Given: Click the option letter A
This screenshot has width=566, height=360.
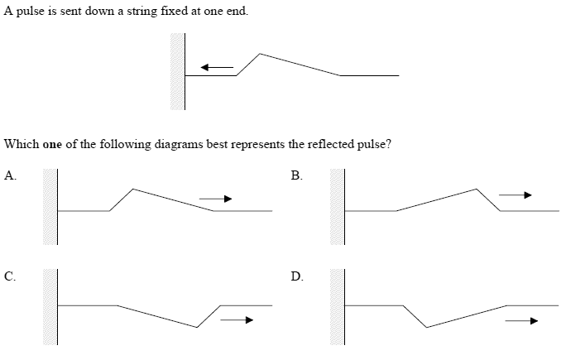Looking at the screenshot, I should pos(9,175).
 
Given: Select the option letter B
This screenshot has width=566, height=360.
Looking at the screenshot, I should pos(297,175).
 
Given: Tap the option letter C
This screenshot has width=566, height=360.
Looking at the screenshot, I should pos(9,276).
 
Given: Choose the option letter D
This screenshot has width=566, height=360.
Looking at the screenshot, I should pos(297,276).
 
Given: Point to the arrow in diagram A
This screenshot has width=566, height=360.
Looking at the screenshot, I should pos(215,199).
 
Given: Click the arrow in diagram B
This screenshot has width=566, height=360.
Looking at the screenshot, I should pos(514,195).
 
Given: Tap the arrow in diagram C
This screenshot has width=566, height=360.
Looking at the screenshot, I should pos(237,320).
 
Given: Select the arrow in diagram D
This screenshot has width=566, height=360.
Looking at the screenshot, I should pos(522,320).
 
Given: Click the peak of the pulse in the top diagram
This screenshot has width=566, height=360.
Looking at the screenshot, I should pos(261,54).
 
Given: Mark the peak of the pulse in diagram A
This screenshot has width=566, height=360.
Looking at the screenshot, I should pos(133,188).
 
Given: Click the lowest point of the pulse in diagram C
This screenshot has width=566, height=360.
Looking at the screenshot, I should pos(197,328).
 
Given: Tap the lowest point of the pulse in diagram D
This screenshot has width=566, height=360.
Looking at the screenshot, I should pos(425,328).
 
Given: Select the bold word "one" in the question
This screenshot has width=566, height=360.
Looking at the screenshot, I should pos(51,144).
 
